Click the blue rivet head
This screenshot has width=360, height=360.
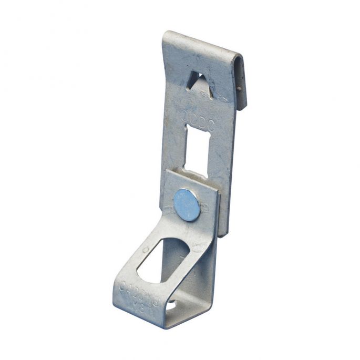[187, 202]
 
